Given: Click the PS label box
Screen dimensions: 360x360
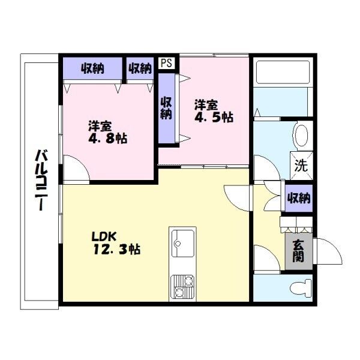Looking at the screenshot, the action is pos(166,63).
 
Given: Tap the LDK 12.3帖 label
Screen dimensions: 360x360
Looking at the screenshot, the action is pos(116,243).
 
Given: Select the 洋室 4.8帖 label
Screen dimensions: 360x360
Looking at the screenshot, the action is pos(107,132).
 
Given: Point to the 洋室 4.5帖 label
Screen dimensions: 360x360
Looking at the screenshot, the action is pos(214,111).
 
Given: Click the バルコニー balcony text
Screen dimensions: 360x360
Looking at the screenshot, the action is pos(41,180).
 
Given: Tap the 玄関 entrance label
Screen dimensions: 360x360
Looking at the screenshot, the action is pos(299,251).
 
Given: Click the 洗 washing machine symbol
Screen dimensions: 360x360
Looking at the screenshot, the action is pos(301,166).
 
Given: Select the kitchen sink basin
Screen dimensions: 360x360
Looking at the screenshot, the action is pos(183,244).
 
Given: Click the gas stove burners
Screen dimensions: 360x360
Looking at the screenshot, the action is pos(183,287).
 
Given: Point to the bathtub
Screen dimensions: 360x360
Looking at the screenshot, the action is pos(283,72).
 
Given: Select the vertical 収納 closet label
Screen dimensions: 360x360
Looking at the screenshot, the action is pos(166,108).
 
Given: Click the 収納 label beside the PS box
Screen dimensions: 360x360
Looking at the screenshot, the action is pos(140,68).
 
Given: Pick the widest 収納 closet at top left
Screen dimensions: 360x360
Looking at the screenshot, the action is pos(92,68).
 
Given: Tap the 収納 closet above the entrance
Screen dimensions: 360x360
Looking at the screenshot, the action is pos(299,198).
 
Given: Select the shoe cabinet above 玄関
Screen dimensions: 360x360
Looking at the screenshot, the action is pos(296,225).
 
